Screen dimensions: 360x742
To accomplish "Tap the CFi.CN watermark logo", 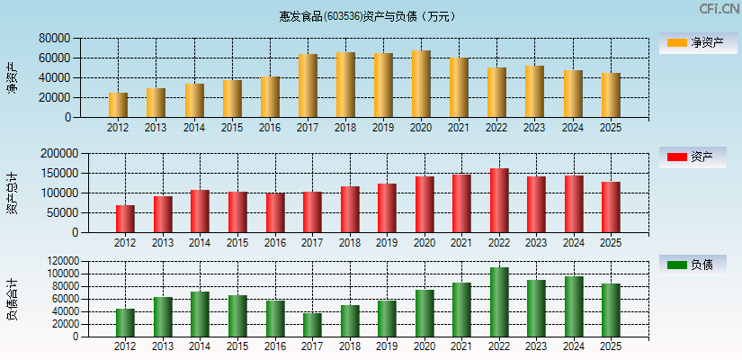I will pyautogui.click(x=719, y=9).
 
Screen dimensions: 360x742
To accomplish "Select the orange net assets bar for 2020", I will pyautogui.click(x=421, y=84).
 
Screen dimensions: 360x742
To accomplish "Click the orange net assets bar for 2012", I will pyautogui.click(x=118, y=104).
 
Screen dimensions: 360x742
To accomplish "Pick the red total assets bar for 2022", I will pyautogui.click(x=499, y=200).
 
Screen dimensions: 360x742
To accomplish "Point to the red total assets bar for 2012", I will pyautogui.click(x=125, y=219).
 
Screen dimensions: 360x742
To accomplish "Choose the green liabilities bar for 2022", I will pyautogui.click(x=499, y=301).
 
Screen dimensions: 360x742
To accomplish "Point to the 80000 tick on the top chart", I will pyautogui.click(x=54, y=39).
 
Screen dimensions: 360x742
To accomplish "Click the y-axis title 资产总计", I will pyautogui.click(x=13, y=193).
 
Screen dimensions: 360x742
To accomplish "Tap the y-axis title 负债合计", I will pyautogui.click(x=13, y=300).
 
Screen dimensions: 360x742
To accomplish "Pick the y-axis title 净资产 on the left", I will pyautogui.click(x=13, y=77).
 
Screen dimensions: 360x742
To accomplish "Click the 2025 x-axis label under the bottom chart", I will pyautogui.click(x=611, y=346).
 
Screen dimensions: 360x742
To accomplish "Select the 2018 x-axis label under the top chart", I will pyautogui.click(x=345, y=128).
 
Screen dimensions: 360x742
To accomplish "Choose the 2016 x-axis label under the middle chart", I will pyautogui.click(x=274, y=243).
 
